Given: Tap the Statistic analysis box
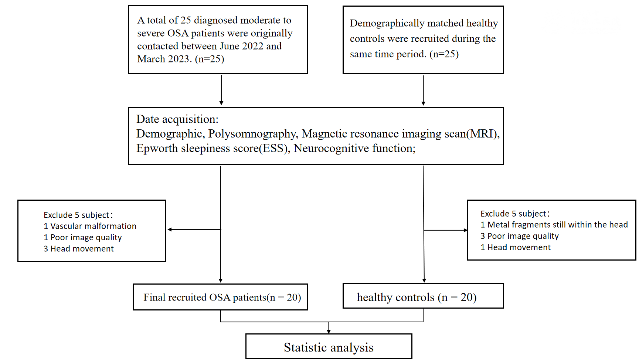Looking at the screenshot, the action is [329, 346].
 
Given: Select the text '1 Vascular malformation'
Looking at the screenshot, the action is [90, 226].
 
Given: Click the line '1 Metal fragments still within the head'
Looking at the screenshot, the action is [554, 225].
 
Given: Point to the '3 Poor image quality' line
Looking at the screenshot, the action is [519, 236].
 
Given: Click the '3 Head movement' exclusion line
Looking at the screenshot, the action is [78, 249].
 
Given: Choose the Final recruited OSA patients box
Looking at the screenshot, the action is [220, 297].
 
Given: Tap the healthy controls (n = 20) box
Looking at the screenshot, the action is [423, 296].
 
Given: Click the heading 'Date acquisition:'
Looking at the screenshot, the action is [177, 119].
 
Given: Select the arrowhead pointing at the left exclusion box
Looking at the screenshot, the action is [170, 230].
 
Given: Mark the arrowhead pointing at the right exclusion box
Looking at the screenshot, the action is [466, 230].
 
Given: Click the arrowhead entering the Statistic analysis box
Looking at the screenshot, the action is [329, 332].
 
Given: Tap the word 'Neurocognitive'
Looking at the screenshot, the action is [332, 148].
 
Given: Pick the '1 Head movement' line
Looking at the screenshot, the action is [516, 247].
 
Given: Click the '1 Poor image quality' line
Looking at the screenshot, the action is [83, 238].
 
